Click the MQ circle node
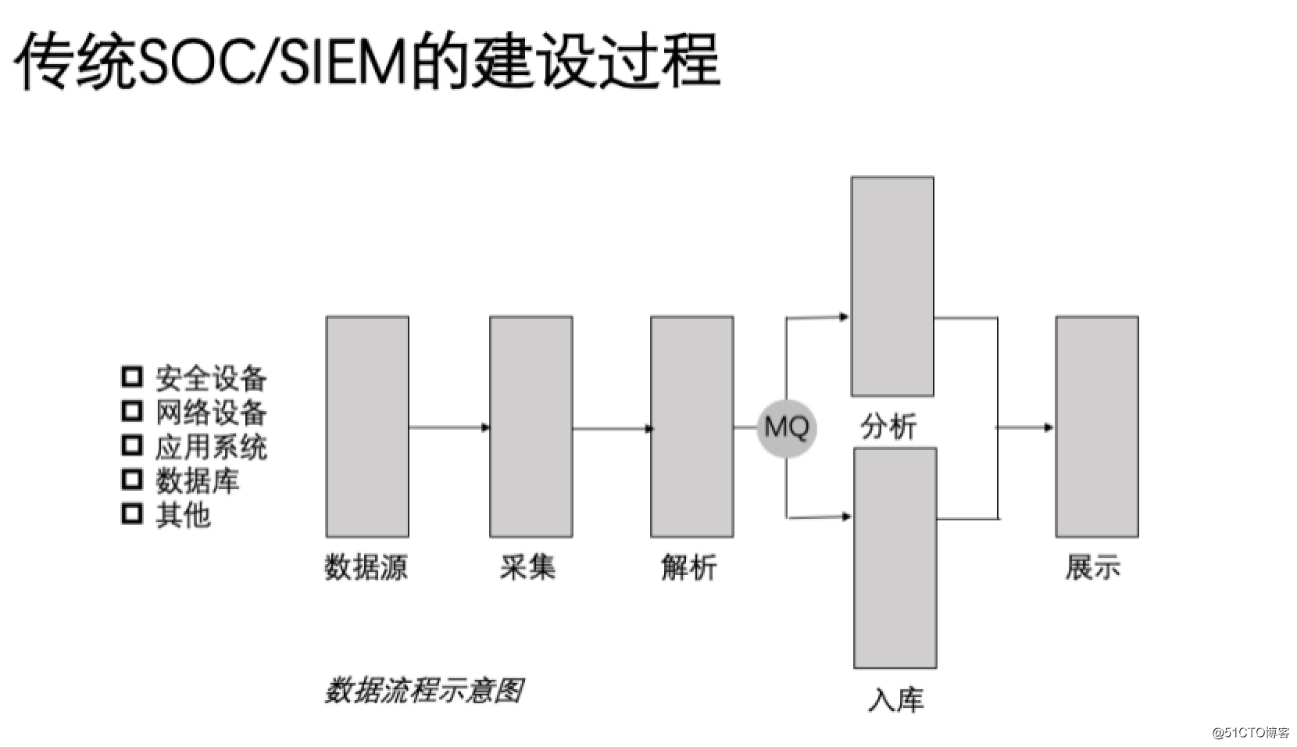786,427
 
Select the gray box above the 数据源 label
367,427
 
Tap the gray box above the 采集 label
531,427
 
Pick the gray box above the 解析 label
691,427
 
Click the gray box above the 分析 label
892,286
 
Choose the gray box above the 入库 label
895,558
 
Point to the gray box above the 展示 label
1096,427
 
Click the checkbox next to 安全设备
132,377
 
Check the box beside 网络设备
132,411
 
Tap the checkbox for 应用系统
132,445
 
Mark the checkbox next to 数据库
132,479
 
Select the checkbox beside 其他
132,513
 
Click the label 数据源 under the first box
366,567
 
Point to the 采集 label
527,567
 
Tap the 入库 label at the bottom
895,699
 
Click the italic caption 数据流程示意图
423,691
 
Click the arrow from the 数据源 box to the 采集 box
449,427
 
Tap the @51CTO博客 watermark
1249,732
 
